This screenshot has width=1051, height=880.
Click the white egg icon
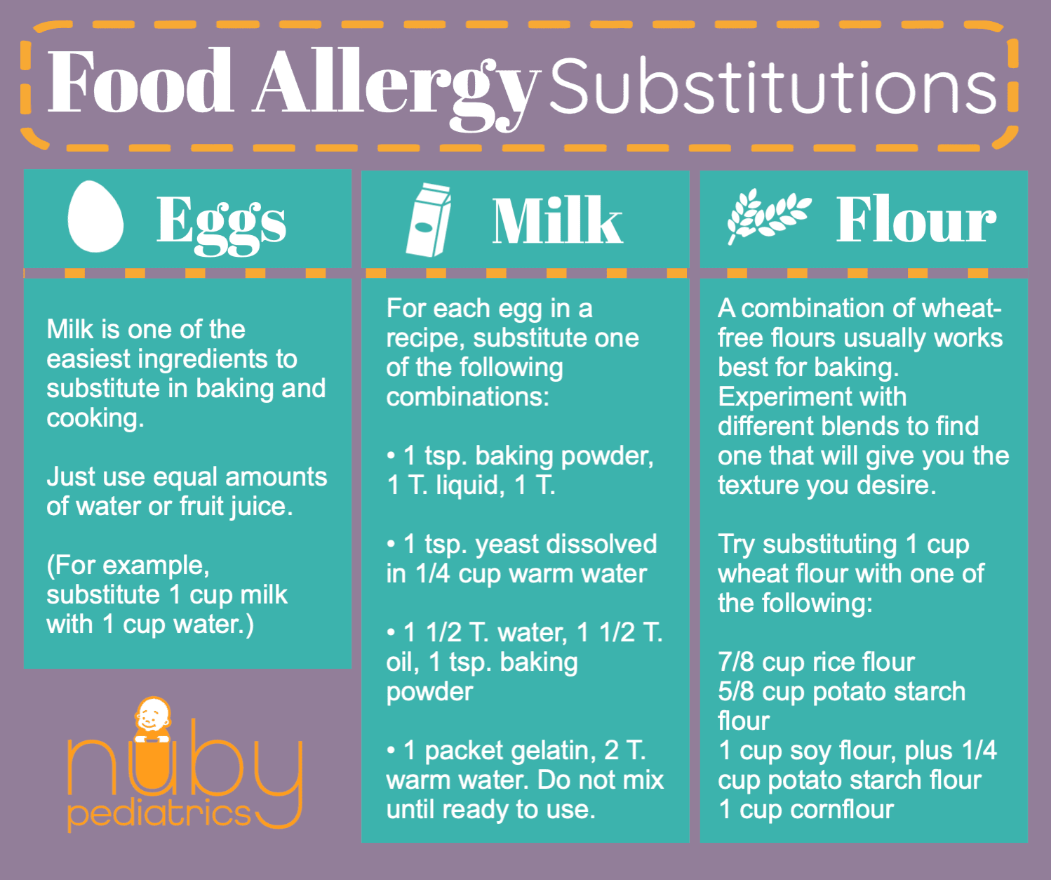pos(95,217)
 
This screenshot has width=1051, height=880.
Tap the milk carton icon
pos(429,220)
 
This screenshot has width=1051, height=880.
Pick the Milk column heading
pos(557,220)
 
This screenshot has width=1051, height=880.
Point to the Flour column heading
pos(916,220)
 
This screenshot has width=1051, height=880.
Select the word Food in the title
pos(140,82)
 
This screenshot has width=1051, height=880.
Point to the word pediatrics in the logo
pos(159,814)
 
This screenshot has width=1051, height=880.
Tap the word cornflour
pos(841,809)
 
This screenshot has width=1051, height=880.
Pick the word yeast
pos(507,544)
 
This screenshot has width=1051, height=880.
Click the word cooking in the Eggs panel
pos(95,418)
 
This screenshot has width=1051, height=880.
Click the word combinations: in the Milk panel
pos(467,396)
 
